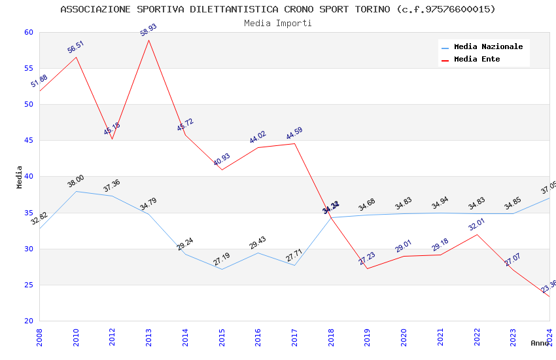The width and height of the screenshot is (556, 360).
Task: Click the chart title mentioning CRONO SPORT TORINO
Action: click(x=278, y=9)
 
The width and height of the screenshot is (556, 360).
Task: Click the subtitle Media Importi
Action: click(x=278, y=23)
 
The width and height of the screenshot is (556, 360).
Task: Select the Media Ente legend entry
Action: click(x=477, y=59)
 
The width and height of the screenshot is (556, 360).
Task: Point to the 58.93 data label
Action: click(x=148, y=29)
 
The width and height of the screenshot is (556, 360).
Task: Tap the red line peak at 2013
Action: click(x=149, y=40)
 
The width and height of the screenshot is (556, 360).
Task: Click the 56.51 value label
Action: click(x=75, y=46)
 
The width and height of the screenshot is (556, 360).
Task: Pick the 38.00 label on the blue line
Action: click(x=75, y=181)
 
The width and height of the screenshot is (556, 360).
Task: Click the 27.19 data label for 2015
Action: click(x=221, y=259)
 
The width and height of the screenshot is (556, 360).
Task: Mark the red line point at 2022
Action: click(x=477, y=234)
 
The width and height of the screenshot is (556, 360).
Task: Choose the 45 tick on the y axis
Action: click(x=28, y=140)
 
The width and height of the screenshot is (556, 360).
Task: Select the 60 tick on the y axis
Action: click(x=28, y=32)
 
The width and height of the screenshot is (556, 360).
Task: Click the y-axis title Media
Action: click(x=20, y=177)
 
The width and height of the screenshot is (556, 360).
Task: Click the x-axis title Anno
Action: click(x=540, y=343)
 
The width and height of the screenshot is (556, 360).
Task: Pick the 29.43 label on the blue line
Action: click(x=258, y=243)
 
